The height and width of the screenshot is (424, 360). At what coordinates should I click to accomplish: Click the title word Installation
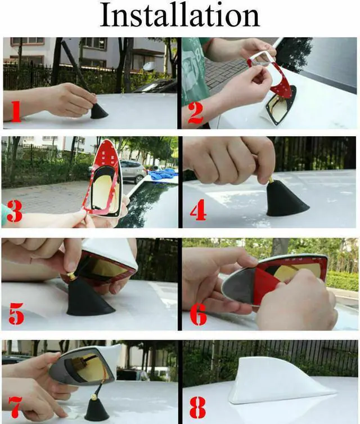[179, 16]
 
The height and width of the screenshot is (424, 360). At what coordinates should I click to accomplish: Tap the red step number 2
[195, 112]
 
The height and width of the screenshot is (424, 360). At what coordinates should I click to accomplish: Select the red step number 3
[15, 213]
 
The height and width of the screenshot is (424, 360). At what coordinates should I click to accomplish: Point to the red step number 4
[198, 212]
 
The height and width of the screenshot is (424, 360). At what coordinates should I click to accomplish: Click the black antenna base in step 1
[99, 111]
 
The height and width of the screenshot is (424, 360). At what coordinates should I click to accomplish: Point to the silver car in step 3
[133, 169]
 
